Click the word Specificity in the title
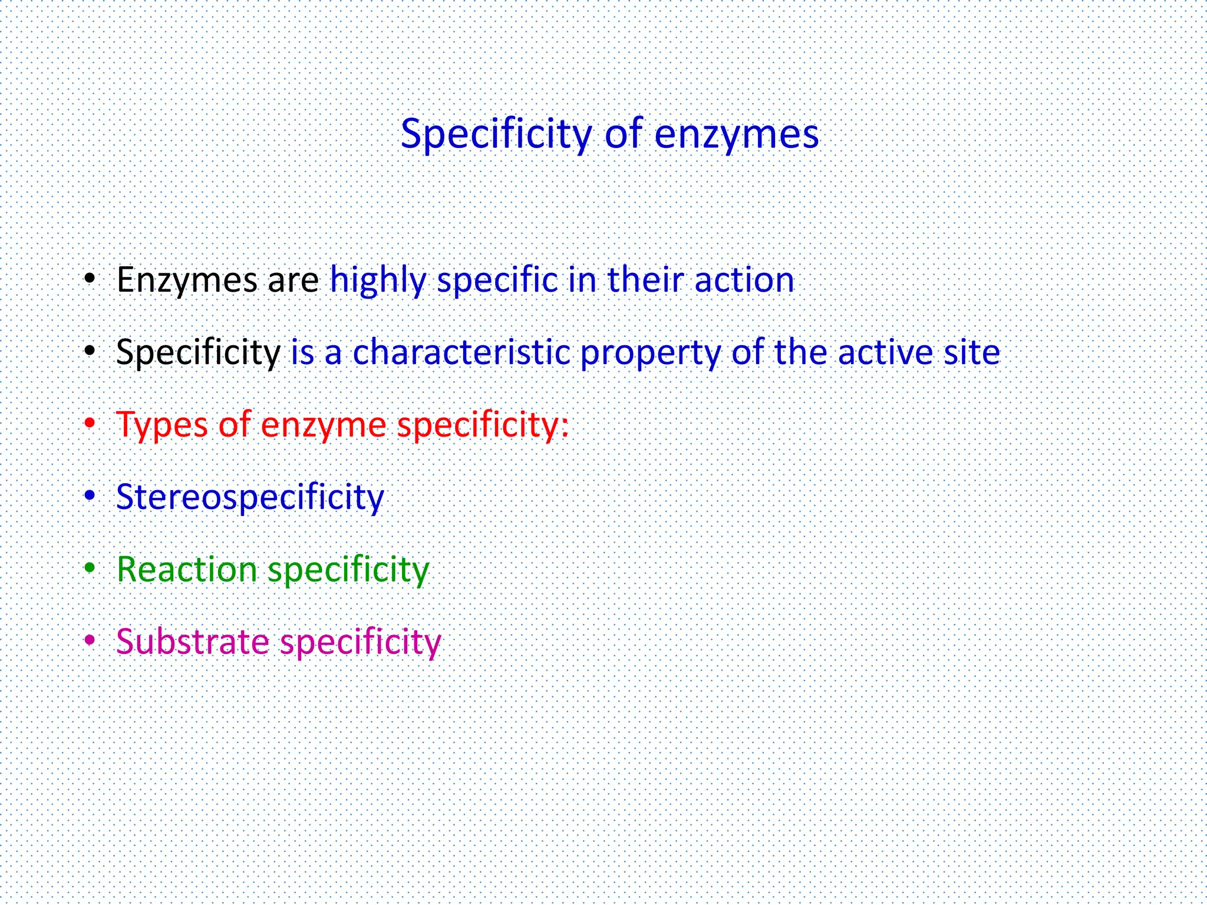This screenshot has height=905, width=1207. click(x=496, y=134)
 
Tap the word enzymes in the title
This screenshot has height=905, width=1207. click(x=736, y=134)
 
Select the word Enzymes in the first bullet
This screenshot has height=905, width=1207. click(x=187, y=280)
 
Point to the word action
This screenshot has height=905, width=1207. click(x=744, y=280)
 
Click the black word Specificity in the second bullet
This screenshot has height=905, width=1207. click(x=198, y=352)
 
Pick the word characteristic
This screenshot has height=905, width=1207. click(x=461, y=352)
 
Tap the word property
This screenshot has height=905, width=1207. click(x=650, y=352)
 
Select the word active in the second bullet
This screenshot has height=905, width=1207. click(x=885, y=352)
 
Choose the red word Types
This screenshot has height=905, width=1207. click(x=162, y=425)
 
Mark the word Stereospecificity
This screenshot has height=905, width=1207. click(x=250, y=497)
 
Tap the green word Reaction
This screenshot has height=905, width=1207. click(x=187, y=570)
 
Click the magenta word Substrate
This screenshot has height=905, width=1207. click(x=192, y=642)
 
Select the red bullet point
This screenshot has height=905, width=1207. click(x=90, y=423)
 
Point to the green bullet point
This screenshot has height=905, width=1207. click(x=90, y=568)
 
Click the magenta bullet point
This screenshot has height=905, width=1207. click(x=90, y=640)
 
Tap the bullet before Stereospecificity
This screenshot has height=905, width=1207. click(x=90, y=496)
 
